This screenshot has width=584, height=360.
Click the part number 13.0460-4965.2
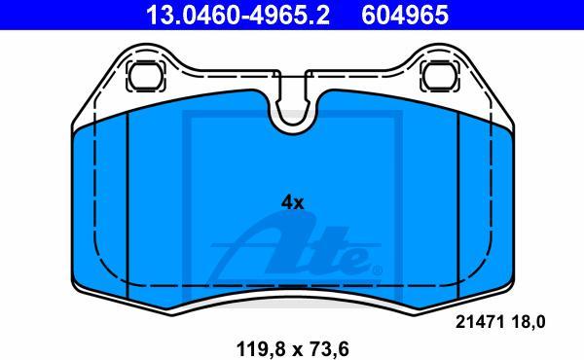238,15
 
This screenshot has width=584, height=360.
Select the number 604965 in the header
405,15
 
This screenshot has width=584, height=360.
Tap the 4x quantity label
292,203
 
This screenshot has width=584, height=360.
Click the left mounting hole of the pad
145,76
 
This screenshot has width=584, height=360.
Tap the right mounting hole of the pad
440,76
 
